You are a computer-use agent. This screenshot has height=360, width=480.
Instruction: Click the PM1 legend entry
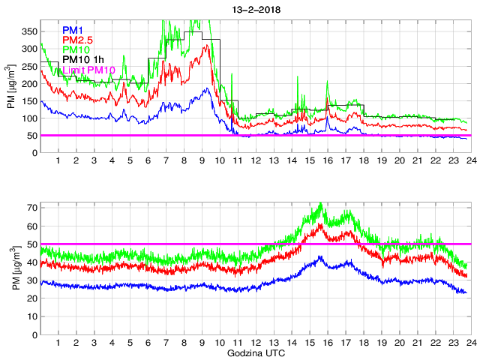click(x=74, y=30)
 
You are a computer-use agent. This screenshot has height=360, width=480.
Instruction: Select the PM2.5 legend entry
click(x=79, y=40)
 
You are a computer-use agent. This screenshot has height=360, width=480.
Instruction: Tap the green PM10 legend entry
click(x=77, y=49)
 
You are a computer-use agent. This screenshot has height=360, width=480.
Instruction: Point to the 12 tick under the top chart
click(x=256, y=161)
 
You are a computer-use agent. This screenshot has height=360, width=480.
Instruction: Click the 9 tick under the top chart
click(x=202, y=161)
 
